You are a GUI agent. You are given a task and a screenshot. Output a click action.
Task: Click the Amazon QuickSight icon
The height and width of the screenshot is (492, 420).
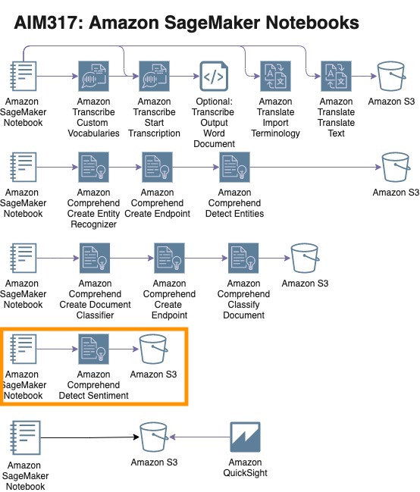pyautogui.click(x=245, y=437)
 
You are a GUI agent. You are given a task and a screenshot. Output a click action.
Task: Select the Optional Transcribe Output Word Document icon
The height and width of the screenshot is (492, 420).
pyautogui.click(x=214, y=77)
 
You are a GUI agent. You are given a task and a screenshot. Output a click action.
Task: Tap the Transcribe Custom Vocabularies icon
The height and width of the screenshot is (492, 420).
pyautogui.click(x=93, y=77)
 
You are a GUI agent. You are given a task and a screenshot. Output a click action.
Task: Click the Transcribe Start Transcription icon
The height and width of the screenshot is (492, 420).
pyautogui.click(x=154, y=77)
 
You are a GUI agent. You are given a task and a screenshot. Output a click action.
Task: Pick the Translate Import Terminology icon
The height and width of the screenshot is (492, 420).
pyautogui.click(x=275, y=77)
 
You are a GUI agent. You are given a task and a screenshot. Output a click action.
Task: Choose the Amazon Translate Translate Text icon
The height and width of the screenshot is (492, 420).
pyautogui.click(x=336, y=77)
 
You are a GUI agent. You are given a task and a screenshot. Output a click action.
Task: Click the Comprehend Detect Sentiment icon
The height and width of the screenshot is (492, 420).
pyautogui.click(x=93, y=349)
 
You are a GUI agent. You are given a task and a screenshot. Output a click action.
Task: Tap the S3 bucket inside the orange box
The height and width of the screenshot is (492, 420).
pyautogui.click(x=153, y=349)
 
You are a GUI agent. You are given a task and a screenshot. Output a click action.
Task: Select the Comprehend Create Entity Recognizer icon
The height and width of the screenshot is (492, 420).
pyautogui.click(x=93, y=168)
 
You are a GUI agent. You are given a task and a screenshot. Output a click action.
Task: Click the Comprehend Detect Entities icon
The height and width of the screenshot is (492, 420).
pyautogui.click(x=234, y=168)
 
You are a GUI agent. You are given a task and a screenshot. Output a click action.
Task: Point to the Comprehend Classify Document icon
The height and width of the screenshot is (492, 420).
pyautogui.click(x=243, y=258)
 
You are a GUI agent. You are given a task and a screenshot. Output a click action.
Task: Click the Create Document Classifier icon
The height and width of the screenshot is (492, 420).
pyautogui.click(x=95, y=258)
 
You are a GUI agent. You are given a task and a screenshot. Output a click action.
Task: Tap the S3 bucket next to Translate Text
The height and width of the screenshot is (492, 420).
pyautogui.click(x=391, y=77)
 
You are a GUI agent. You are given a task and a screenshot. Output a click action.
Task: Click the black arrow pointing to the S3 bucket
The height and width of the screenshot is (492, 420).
pyautogui.click(x=89, y=437)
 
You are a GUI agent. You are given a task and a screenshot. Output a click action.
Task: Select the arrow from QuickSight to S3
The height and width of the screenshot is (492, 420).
pyautogui.click(x=199, y=437)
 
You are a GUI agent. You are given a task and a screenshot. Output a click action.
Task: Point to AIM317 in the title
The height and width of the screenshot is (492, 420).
pyautogui.click(x=49, y=23)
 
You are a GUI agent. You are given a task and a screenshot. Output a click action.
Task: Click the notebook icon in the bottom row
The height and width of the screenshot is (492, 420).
pyautogui.click(x=25, y=437)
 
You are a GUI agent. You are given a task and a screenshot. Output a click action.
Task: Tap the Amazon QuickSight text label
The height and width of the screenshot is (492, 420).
pyautogui.click(x=245, y=468)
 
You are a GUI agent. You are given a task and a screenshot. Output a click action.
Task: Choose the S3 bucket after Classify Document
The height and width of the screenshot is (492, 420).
pyautogui.click(x=305, y=258)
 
